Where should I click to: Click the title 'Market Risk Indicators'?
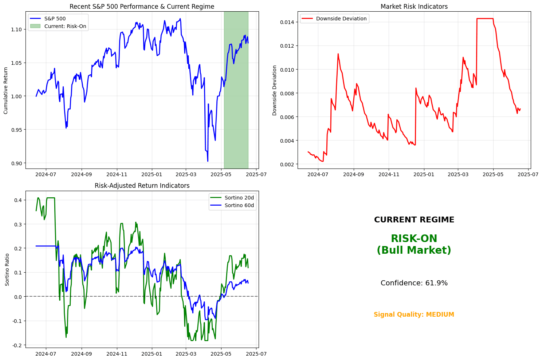coord(414,7)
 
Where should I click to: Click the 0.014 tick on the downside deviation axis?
coord(287,22)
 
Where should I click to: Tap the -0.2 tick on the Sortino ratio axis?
coord(17,345)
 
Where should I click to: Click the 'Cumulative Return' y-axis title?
coord(6,90)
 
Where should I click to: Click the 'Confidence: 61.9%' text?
coord(414,283)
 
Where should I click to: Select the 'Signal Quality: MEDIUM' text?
coord(414,314)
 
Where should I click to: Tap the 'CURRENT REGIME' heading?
coord(414,220)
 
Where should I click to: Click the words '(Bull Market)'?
coord(414,250)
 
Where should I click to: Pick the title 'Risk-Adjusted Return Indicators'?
coord(142,186)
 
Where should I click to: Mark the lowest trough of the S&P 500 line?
coord(208,161)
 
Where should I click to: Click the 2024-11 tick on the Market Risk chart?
coord(389,174)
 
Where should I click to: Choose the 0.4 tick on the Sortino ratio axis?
coord(18,200)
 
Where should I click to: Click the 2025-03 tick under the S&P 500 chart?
coord(186,174)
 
